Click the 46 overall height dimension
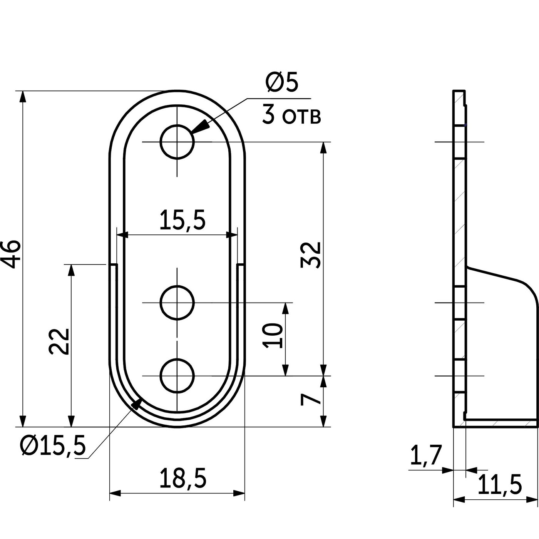coord(11,254)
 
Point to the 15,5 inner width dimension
coord(182,220)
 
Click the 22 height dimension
coord(59,341)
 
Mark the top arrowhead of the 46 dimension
coord(23,98)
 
